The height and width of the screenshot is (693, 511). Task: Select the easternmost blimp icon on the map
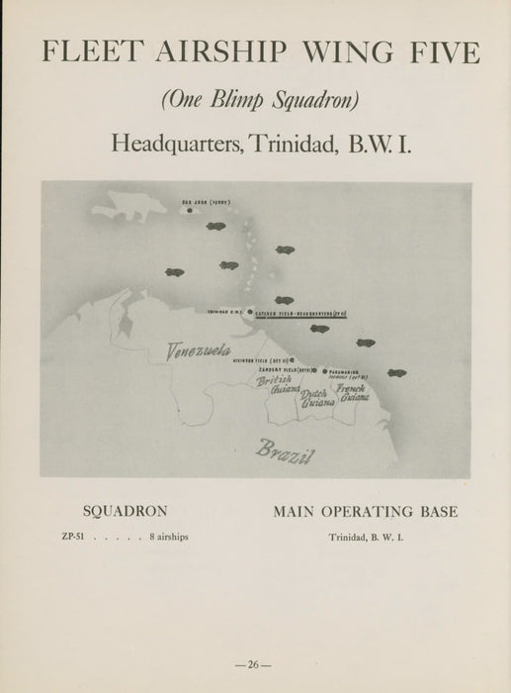tap(396, 373)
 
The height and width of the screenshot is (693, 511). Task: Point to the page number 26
tap(255, 664)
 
